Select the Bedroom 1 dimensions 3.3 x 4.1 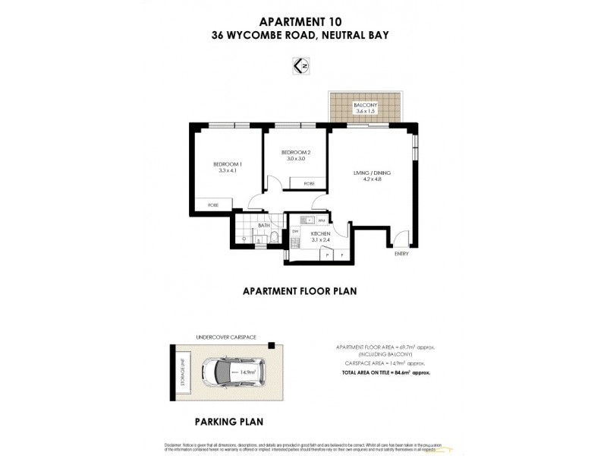[x=228, y=171]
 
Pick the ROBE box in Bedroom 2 [x=309, y=184]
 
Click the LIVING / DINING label [x=371, y=173]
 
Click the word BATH [x=264, y=225]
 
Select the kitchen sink [x=300, y=221]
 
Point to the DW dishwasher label [x=295, y=230]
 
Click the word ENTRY [x=401, y=254]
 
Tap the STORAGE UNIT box [x=182, y=373]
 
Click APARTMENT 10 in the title [x=303, y=22]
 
